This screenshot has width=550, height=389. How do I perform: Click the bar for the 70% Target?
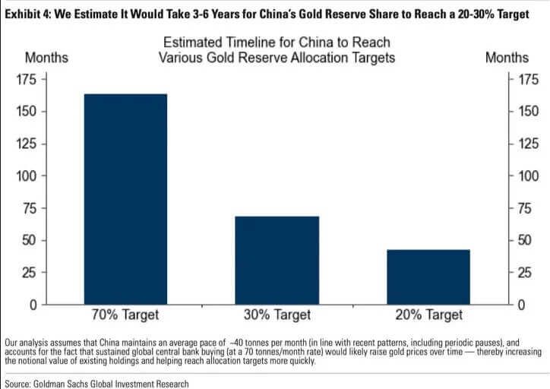point(125,199)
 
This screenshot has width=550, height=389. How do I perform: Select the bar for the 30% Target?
point(277,261)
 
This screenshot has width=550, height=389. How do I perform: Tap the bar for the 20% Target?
point(428,277)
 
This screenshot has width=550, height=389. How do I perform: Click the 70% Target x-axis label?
point(125,315)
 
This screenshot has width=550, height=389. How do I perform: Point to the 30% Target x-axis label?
point(277,315)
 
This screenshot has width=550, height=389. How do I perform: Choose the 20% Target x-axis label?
point(428,315)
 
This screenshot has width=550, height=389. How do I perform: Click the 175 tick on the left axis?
point(29,79)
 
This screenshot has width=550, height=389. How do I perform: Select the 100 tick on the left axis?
point(29,176)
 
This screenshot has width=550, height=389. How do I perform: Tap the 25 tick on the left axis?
point(32,273)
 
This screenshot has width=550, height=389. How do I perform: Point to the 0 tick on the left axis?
point(35,305)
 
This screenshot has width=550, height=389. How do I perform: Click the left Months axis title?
point(46,58)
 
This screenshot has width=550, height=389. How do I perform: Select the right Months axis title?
point(507,58)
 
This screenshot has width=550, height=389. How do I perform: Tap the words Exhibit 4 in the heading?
point(28,14)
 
